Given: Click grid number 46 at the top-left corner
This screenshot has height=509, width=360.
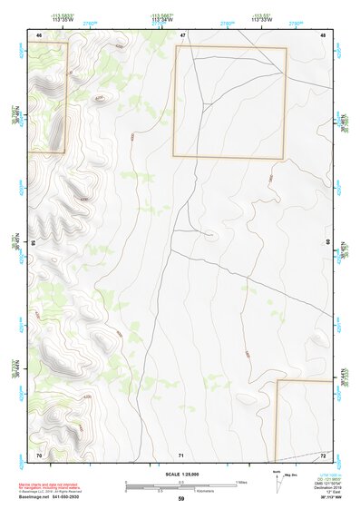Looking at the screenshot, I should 39,34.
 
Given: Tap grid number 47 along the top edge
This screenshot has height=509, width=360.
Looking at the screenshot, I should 182,34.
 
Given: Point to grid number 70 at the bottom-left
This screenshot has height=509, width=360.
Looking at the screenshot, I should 39,455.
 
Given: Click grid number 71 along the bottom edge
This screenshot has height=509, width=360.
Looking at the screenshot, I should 182,455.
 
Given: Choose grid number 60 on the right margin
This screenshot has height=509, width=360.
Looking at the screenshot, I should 329,243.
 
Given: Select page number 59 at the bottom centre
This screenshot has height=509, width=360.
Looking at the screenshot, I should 181,499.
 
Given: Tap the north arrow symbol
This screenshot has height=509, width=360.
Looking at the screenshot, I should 276,484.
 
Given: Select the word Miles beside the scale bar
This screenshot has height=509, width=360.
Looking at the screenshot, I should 240,481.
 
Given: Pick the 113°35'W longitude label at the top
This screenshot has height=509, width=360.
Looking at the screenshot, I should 63,19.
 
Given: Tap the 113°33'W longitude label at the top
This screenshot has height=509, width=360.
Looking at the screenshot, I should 263,19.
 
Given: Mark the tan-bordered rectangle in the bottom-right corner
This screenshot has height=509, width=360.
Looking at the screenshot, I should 304,421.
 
